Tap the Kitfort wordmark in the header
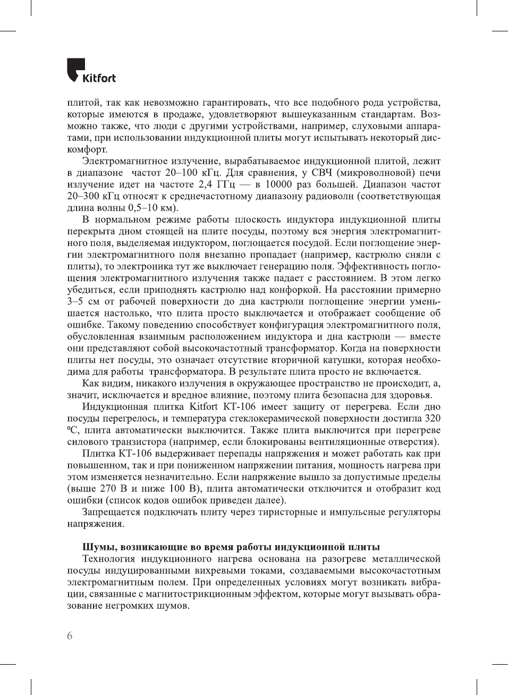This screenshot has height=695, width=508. pos(99,78)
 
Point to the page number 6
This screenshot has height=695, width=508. pos(70,635)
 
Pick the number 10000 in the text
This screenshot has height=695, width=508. pos(278,185)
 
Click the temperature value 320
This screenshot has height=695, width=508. pos(433,418)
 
